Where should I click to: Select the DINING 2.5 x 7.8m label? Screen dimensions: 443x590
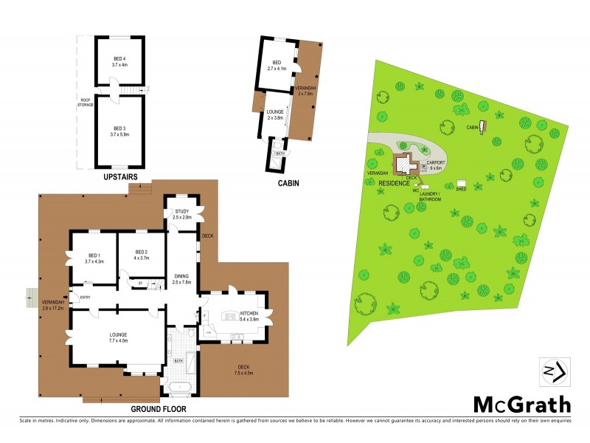pyautogui.click(x=181, y=279)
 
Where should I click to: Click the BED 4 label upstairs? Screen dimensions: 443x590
pyautogui.click(x=119, y=61)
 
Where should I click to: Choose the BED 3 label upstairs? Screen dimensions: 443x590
pyautogui.click(x=119, y=131)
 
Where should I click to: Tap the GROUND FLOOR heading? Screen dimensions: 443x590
pyautogui.click(x=158, y=408)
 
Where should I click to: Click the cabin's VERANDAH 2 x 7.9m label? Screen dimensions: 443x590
pyautogui.click(x=305, y=91)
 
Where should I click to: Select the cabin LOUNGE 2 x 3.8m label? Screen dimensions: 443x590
pyautogui.click(x=275, y=115)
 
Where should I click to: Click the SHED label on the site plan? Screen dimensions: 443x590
pyautogui.click(x=461, y=189)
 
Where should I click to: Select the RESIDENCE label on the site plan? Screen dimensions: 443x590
pyautogui.click(x=395, y=182)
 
